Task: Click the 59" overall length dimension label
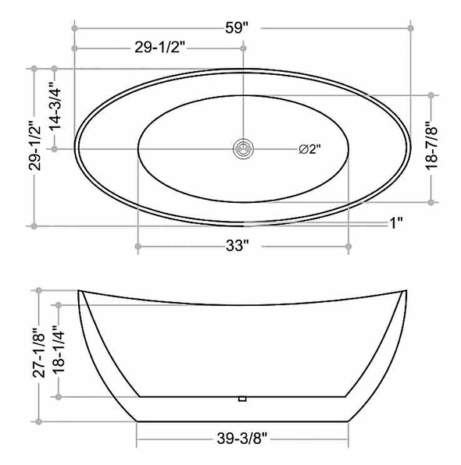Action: (237, 28)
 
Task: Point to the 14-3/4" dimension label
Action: (55, 106)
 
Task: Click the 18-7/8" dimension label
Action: (431, 144)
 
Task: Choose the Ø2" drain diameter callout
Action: (310, 149)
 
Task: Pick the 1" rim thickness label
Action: (396, 223)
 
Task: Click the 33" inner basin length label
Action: (237, 246)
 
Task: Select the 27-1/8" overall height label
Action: (39, 353)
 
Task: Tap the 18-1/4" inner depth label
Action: (59, 350)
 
